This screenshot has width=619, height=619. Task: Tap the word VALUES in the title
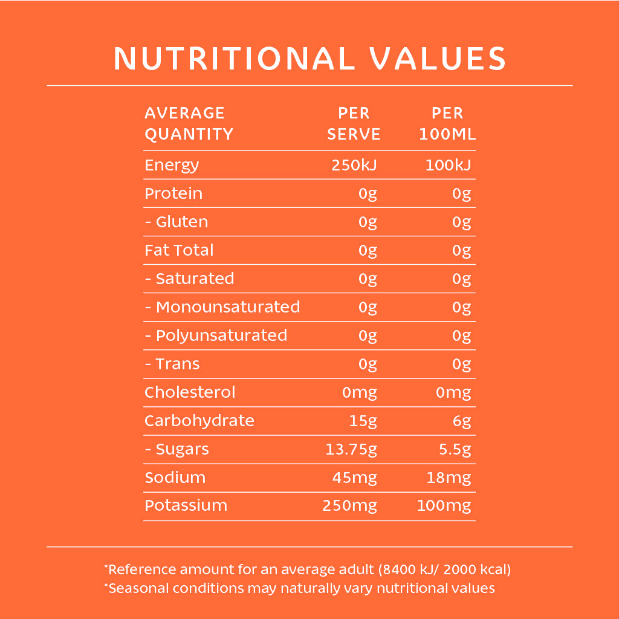point(438,59)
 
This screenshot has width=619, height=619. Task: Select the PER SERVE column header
point(354,123)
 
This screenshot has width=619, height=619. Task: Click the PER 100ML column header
point(447,123)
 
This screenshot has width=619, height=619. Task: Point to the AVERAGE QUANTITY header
point(189,123)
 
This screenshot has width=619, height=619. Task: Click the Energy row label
point(172,165)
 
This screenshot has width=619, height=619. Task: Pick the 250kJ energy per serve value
point(354,165)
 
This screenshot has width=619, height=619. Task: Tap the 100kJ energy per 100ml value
point(448,165)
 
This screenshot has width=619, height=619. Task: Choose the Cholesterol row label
point(190,392)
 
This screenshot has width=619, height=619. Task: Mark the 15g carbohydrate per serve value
point(363,421)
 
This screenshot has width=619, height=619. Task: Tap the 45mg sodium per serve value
point(354,478)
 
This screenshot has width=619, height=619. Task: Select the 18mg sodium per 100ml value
point(449,478)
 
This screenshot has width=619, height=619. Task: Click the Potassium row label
point(186,505)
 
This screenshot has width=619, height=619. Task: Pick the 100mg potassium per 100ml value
point(444,505)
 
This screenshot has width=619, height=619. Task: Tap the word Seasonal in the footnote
point(134,588)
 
